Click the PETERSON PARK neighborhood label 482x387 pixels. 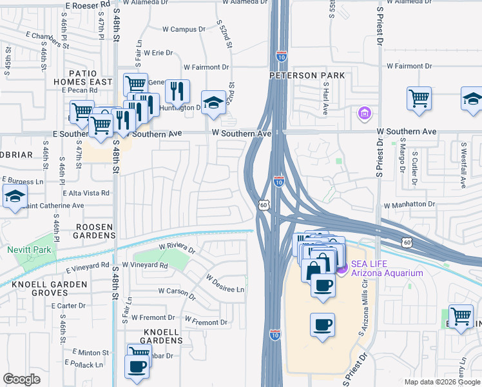click(307, 75)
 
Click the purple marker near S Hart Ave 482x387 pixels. click(363, 114)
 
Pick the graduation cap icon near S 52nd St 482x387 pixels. click(213, 103)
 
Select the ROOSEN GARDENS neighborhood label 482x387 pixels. click(95, 232)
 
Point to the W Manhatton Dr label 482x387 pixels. click(409, 204)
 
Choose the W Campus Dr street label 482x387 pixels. click(183, 29)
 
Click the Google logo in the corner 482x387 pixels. click(22, 379)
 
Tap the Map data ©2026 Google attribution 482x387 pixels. click(441, 382)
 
